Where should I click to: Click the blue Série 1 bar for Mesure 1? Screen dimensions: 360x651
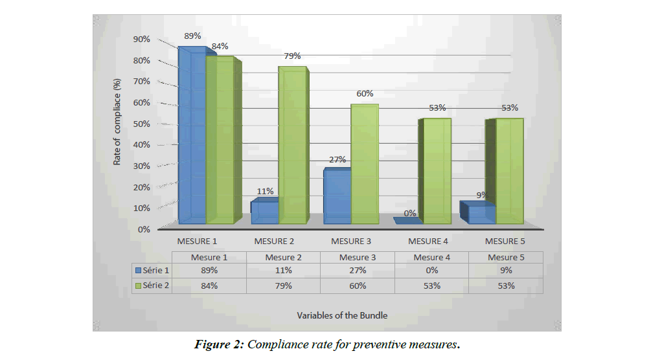coord(192,136)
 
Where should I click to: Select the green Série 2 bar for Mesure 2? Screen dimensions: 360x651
coord(291,146)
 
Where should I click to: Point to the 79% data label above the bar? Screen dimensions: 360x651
coord(293,56)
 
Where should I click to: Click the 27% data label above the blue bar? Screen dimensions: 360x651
coord(337,160)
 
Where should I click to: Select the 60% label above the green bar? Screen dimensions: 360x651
coord(365,93)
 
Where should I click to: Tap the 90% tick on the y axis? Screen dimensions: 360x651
coord(141,39)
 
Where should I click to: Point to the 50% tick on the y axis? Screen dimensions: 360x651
coord(141,124)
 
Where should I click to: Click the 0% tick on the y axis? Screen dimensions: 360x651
coord(143,229)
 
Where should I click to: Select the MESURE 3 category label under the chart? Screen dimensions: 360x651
coord(351,242)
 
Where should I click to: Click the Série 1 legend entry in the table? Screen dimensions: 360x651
coord(153,271)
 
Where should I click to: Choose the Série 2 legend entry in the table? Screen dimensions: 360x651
coord(153,286)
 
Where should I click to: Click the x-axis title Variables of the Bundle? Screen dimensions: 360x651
coord(342,315)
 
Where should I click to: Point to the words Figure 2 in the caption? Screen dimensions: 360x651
coord(218,344)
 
